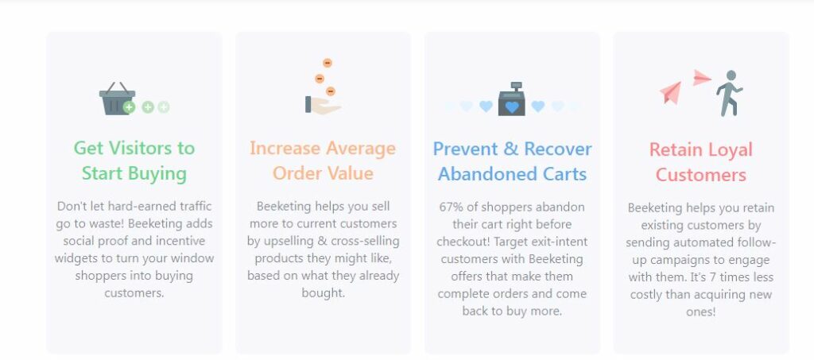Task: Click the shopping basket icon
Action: (118, 99)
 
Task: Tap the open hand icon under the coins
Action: (323, 105)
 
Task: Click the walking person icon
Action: (730, 93)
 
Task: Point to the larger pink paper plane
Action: (671, 93)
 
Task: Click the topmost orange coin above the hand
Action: (327, 64)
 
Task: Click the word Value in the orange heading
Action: (350, 173)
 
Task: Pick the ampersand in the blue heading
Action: (511, 149)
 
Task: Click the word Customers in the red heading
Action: (701, 175)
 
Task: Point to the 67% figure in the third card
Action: (452, 207)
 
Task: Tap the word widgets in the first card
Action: (73, 258)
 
